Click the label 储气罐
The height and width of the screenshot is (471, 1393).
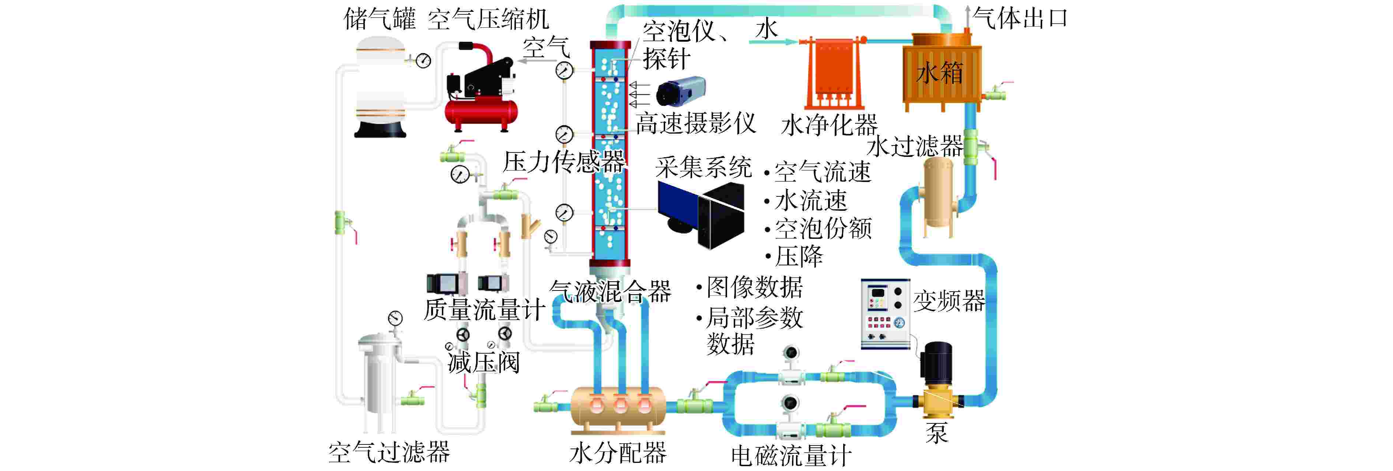point(380,20)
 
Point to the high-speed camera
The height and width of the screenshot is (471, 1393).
point(680,91)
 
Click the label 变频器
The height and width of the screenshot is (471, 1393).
point(949,301)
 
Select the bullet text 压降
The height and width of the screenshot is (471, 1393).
point(799,257)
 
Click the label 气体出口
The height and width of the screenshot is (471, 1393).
point(1020,19)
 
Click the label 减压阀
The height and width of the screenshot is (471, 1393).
point(483,363)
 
